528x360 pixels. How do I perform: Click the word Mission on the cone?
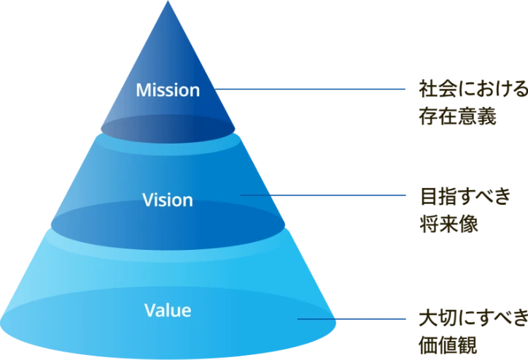click(168, 91)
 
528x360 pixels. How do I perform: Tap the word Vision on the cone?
click(168, 200)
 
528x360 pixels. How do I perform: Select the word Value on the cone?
click(168, 310)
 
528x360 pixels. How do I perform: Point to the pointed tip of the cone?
click(168, 3)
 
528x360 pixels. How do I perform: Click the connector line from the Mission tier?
click(314, 90)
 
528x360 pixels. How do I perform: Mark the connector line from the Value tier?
click(354, 318)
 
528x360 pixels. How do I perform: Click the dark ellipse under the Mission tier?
click(169, 128)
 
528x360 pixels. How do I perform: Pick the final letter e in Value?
click(187, 311)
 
